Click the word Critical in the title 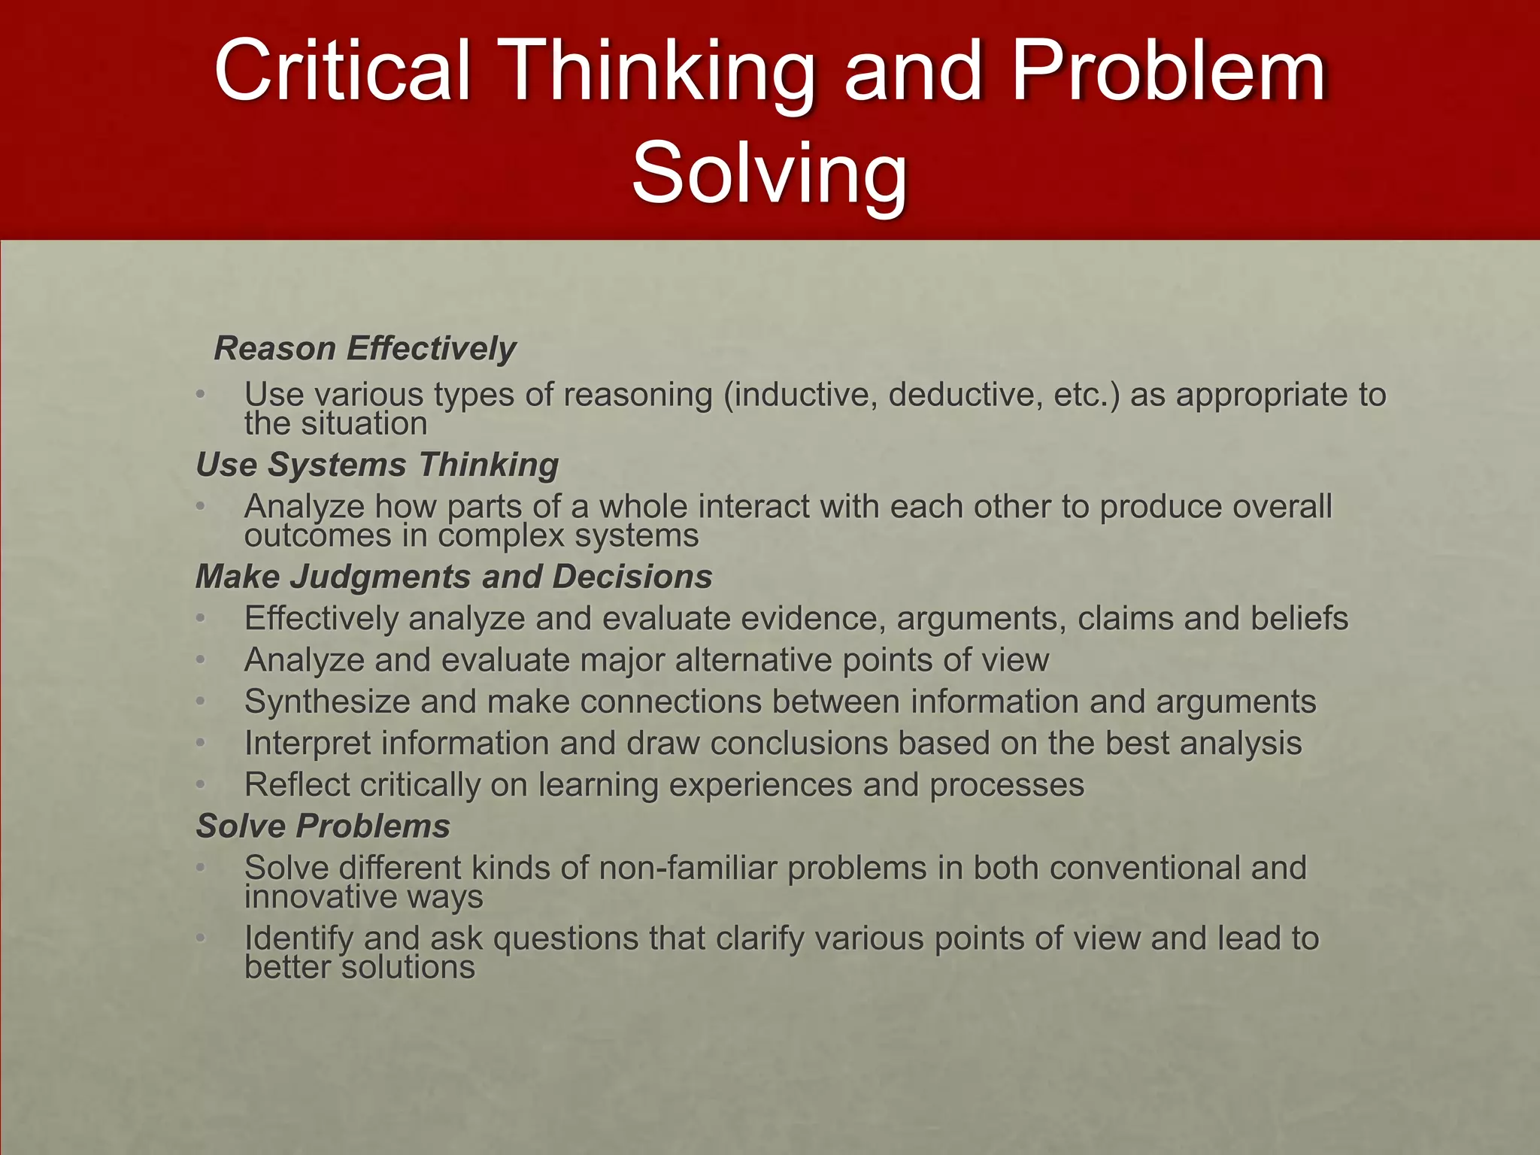tap(342, 71)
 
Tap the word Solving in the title tap(769, 174)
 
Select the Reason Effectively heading tap(365, 349)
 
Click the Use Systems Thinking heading tap(377, 465)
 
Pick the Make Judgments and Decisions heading tap(453, 577)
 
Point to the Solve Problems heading tap(323, 826)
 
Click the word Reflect tap(297, 785)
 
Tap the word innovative tap(320, 896)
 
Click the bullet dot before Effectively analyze tap(200, 619)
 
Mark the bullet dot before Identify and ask tap(200, 938)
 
